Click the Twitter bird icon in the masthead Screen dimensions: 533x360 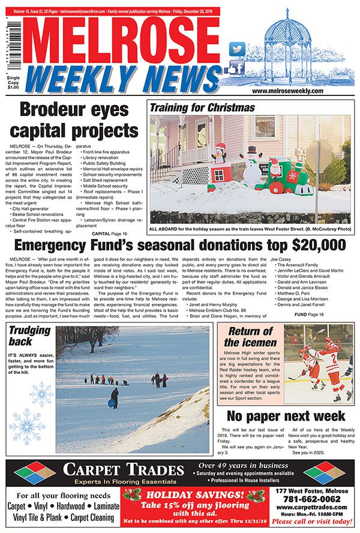click(238, 49)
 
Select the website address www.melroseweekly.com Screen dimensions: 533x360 click(292, 90)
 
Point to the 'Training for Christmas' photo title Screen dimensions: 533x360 click(202, 108)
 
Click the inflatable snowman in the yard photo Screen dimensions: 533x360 click(251, 164)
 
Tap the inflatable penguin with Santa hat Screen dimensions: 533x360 click(219, 159)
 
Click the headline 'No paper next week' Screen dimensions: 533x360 click(285, 415)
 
